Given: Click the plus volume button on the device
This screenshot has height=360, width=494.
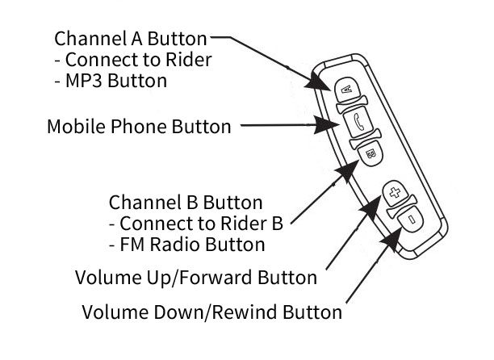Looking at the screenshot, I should click(395, 191).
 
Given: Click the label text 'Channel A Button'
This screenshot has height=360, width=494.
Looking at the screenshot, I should click(130, 38).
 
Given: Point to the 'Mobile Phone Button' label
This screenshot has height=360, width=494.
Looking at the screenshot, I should click(139, 127).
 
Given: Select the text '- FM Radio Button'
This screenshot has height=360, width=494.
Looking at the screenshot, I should click(186, 243).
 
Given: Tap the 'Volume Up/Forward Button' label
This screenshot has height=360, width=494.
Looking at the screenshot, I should click(195, 278).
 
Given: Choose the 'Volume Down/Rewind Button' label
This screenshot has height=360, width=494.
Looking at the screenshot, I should click(212, 311).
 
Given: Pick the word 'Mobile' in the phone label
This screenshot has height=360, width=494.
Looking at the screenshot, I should click(72, 127).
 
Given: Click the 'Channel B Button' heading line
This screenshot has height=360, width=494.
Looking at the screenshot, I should click(185, 199).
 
